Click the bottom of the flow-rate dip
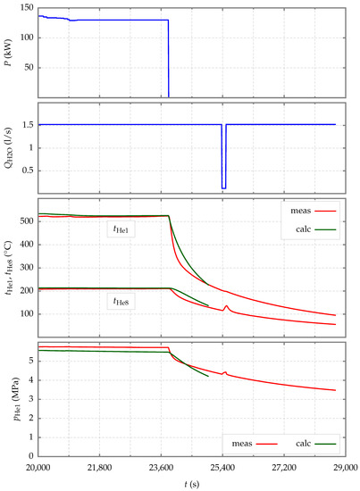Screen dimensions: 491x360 click(x=224, y=187)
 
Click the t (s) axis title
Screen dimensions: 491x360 click(x=188, y=485)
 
